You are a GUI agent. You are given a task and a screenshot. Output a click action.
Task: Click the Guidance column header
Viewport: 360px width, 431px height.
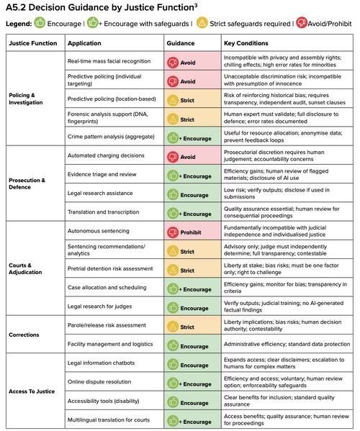coord(181,43)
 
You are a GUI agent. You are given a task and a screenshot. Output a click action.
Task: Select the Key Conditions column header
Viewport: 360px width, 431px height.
coord(246,43)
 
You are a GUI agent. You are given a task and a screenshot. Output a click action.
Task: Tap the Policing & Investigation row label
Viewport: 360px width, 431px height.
coord(26,99)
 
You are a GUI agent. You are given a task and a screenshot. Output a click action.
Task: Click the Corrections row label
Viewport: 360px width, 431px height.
coord(24,335)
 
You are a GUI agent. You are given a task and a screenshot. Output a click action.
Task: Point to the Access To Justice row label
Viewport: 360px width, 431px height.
coord(32,391)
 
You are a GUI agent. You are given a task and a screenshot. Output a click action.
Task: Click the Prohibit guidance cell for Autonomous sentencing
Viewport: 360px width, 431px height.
coord(192,231)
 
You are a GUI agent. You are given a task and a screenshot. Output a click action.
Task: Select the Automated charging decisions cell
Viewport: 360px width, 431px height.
coord(106,155)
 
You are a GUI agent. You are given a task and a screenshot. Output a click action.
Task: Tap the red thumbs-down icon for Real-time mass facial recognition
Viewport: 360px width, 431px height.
coord(173,63)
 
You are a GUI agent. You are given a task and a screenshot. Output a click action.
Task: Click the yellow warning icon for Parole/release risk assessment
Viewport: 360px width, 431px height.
coord(173,327)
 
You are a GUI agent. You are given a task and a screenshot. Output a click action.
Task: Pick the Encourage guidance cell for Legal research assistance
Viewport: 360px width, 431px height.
coord(192,194)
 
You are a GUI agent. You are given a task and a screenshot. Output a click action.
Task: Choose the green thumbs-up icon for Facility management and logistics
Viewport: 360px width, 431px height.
coord(173,345)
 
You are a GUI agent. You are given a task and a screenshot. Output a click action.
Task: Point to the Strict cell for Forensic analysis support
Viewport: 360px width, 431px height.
coord(192,118)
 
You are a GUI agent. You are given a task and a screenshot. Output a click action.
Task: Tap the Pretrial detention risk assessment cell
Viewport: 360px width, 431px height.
coord(110,268)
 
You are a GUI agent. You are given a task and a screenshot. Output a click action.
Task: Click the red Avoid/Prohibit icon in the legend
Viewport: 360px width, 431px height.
coord(302,22)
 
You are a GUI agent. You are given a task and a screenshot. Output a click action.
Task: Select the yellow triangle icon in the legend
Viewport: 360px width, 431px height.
coord(202,22)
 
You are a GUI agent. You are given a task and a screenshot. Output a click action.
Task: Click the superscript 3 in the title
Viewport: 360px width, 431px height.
coord(196,5)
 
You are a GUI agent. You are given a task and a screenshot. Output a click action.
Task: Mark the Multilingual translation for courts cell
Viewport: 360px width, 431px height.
coord(109,419)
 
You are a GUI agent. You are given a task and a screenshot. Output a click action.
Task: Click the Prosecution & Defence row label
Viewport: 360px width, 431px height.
coord(27,183)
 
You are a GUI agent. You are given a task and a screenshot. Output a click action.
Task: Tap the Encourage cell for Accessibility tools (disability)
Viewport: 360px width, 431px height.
coord(192,401)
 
